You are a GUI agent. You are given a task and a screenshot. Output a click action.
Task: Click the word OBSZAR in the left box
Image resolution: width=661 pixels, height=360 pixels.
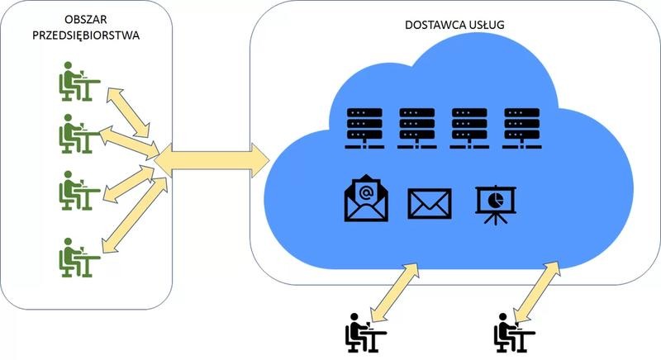click(x=86, y=19)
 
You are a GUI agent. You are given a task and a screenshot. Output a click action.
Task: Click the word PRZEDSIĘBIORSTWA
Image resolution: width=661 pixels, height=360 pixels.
click(x=86, y=36)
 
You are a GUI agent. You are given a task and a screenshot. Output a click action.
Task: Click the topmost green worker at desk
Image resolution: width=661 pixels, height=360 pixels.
click(x=79, y=82)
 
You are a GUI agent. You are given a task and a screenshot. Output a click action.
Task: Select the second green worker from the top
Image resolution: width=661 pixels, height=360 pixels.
click(x=79, y=134)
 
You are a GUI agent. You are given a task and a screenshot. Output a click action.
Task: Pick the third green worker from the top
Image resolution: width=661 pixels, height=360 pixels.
click(x=79, y=190)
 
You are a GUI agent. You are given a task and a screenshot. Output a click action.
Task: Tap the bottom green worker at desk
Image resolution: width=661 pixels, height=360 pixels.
click(x=79, y=258)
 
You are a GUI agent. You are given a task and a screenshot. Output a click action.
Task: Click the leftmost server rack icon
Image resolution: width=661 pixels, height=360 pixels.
click(x=364, y=129)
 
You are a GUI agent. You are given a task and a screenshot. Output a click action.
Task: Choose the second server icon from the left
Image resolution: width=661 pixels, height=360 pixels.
click(x=417, y=129)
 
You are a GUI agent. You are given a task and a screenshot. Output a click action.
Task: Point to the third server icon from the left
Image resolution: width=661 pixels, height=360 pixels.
click(x=469, y=129)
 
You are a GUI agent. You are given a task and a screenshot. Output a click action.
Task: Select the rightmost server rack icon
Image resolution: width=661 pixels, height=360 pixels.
click(x=522, y=129)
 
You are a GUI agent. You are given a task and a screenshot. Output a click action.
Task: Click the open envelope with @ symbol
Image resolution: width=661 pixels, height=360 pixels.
click(x=366, y=198)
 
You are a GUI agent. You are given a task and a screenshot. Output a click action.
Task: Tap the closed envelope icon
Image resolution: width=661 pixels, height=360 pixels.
click(x=430, y=204)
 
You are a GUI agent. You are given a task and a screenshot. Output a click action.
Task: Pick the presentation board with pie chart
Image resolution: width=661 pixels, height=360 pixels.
click(x=496, y=205)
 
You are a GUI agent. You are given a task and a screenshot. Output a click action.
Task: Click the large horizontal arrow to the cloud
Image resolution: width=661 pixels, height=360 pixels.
click(x=212, y=160)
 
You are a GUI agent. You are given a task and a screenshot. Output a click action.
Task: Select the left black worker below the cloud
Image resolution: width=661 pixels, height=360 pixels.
click(x=366, y=333)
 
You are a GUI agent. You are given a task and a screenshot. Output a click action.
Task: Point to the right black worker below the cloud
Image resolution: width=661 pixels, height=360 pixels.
click(x=514, y=333)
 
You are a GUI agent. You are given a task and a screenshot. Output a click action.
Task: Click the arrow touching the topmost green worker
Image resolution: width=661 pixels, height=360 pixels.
click(x=128, y=112)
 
